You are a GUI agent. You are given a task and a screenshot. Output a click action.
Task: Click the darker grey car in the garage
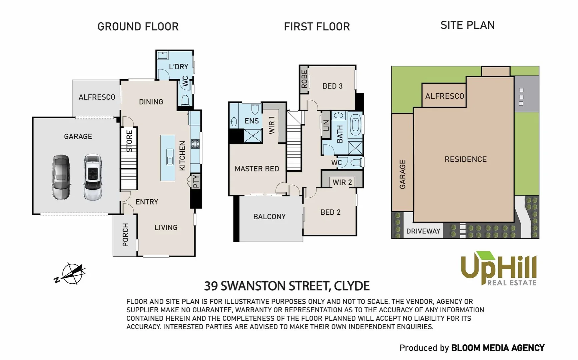pos(61,177)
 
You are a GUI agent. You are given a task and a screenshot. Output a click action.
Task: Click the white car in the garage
pos(92,177)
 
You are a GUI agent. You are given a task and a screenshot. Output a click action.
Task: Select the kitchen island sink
pos(170,157)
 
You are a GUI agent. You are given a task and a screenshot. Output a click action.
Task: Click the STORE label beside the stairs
pos(129,141)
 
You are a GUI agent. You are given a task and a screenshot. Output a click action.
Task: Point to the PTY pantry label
pos(196,181)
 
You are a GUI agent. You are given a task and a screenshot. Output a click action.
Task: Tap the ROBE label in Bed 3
pos(304,79)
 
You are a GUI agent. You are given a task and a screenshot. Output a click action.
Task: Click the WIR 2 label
pos(342,182)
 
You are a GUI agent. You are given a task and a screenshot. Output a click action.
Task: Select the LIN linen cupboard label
pos(326,125)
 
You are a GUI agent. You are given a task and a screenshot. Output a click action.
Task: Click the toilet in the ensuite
pos(255,109)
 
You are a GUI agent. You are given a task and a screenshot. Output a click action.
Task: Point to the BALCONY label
pos(269,217)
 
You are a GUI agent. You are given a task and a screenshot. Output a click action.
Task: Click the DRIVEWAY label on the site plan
pos(423,231)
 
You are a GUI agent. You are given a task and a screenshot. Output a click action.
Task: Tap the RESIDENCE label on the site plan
pos(466,159)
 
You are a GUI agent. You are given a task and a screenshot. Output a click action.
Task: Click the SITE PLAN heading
pos(467,25)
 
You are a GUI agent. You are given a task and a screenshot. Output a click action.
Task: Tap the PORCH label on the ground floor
pos(125,235)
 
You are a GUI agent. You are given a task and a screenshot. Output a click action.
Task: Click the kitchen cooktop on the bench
pos(195,144)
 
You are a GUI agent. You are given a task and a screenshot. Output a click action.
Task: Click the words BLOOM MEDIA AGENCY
pos(498,348)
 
